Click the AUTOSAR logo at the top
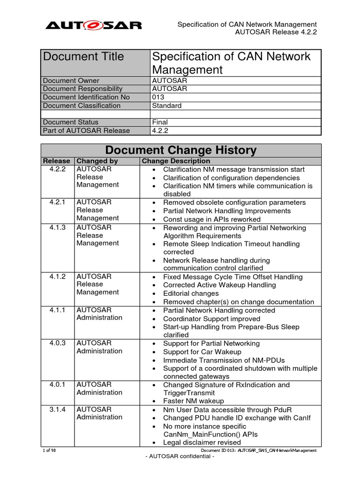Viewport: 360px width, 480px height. coord(93,25)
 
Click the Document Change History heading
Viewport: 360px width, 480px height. coord(181,150)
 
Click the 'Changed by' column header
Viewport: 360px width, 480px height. coord(97,161)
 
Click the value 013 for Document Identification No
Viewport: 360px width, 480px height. coord(158,97)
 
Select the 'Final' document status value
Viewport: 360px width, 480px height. coord(160,122)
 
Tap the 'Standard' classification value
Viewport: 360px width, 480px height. coord(167,105)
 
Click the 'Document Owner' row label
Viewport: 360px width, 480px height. coord(71,81)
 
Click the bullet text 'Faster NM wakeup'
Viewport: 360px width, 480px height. coord(194,401)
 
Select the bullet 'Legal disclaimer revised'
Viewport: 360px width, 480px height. coord(202,442)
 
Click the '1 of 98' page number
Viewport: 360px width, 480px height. coord(49,450)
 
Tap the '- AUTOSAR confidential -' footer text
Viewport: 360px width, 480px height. coord(180,457)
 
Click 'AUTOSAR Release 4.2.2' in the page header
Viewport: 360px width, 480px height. coord(276,32)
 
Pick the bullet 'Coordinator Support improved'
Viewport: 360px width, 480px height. coord(211,319)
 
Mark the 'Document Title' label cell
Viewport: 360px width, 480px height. coord(84,57)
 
